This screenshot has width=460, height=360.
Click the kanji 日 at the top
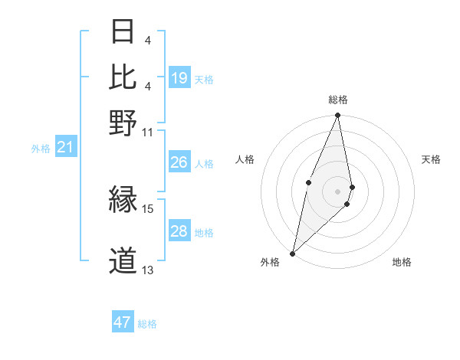(x=123, y=33)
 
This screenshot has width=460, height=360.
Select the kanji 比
(x=123, y=77)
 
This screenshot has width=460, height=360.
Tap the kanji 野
(x=123, y=122)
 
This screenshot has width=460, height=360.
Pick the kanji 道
(x=123, y=261)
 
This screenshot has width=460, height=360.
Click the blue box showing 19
(x=179, y=78)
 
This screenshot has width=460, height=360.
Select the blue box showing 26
(x=179, y=162)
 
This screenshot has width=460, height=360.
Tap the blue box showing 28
(x=179, y=231)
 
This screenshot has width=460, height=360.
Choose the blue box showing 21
(x=64, y=147)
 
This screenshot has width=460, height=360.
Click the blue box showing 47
(x=123, y=322)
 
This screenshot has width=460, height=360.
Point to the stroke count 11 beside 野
(x=148, y=133)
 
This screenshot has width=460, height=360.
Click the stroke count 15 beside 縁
(x=148, y=208)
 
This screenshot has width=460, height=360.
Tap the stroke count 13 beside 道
(x=148, y=270)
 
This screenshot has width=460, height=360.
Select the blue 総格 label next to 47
(x=148, y=324)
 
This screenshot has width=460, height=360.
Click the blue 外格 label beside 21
(x=40, y=149)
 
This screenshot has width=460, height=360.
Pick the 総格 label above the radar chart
(x=338, y=100)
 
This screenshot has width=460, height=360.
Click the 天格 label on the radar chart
(x=431, y=159)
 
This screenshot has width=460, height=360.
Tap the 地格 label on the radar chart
(x=402, y=263)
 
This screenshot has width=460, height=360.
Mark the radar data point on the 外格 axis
(x=292, y=253)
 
